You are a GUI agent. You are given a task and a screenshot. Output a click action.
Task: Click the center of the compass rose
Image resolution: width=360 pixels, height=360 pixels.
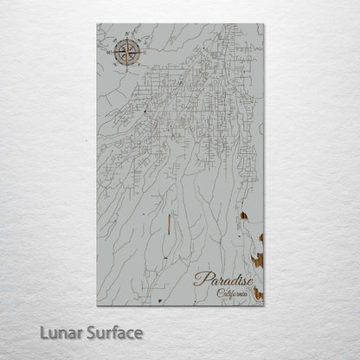[x=127, y=53]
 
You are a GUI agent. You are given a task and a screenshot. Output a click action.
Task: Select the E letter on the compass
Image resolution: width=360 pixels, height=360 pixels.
[x=145, y=52]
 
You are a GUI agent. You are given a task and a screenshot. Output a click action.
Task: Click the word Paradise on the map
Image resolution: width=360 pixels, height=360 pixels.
[x=223, y=280]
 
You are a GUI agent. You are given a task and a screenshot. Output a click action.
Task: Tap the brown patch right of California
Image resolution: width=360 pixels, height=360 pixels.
[x=258, y=294]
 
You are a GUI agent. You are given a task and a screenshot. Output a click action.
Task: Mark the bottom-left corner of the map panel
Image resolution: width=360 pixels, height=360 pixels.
[x=98, y=303]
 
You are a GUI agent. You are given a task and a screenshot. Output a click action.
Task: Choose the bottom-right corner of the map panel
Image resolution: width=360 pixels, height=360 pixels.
[x=263, y=303]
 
